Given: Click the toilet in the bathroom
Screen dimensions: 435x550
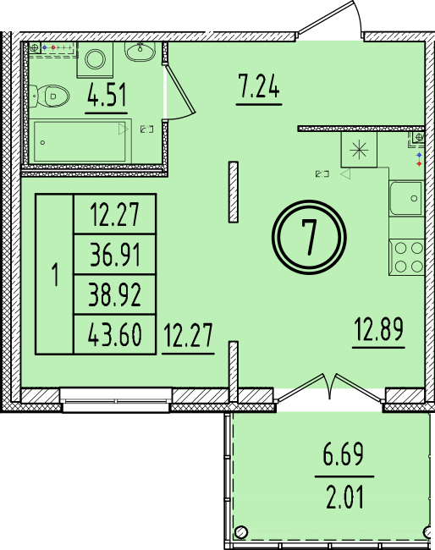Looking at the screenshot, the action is (49, 96).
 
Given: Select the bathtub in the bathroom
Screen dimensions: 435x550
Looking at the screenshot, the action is (80, 141).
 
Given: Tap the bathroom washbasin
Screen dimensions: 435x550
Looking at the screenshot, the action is (140, 52).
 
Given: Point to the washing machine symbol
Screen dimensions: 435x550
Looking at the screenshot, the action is (95, 59).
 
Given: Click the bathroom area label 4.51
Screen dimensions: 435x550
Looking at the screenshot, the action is (107, 95).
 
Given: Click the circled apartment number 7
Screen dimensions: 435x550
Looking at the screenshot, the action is (309, 237).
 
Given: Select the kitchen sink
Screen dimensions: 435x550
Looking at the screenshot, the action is (406, 198).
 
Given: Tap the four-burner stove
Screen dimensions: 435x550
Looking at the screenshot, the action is (406, 257).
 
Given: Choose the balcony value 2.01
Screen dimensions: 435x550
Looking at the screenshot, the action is (344, 497).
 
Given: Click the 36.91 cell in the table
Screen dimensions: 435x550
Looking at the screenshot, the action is (115, 255).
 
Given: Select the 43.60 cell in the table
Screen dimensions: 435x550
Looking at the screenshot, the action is (115, 334).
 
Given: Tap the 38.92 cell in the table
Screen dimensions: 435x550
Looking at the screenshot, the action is (115, 294).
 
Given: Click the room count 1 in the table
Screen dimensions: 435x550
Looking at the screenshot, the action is (55, 275).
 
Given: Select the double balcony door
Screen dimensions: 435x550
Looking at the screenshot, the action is (330, 388).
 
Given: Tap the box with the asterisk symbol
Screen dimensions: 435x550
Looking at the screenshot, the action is (359, 150).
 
